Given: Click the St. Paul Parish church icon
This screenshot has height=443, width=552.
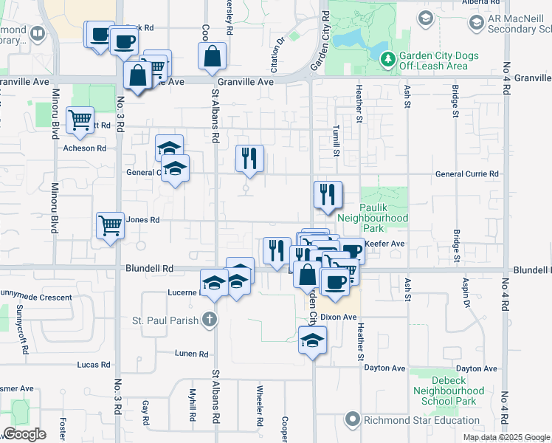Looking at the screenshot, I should tap(210, 320).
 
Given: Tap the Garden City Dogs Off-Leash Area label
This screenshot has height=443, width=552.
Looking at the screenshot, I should tap(438, 61).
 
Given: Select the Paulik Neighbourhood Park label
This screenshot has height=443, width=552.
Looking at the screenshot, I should tap(373, 213).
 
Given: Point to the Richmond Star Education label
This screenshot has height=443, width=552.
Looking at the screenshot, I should tap(410, 420).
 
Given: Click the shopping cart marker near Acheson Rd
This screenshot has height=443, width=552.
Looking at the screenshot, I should tap(80, 119).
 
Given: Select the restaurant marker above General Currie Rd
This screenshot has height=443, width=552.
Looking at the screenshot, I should tap(249, 157).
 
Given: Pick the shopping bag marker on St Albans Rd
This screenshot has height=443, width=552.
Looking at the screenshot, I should tap(213, 55).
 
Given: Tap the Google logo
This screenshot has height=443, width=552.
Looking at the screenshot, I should tap(24, 434).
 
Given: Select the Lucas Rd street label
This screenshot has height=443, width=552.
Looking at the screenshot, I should tap(93, 365).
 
